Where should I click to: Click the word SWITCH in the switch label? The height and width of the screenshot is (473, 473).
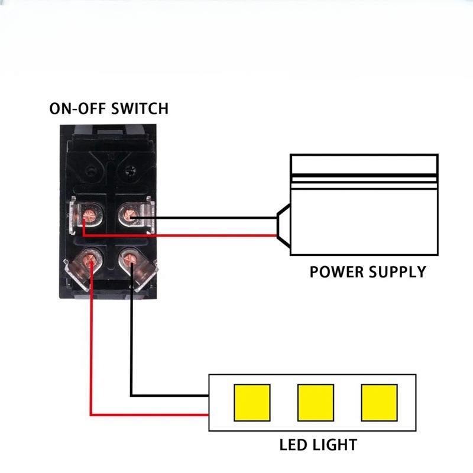point(140,109)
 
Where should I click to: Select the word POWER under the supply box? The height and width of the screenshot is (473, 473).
point(336,272)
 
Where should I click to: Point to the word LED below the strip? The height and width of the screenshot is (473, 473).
point(292,445)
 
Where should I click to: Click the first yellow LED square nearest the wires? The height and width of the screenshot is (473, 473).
point(252,403)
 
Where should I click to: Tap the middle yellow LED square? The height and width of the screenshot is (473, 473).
point(316,403)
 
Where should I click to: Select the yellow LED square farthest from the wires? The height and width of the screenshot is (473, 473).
point(379,403)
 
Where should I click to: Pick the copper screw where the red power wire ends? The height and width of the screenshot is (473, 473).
point(89,215)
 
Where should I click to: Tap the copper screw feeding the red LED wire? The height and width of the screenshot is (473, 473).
point(89,260)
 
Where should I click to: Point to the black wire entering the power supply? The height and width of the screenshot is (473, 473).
point(204,218)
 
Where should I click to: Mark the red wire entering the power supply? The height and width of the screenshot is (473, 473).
point(180,235)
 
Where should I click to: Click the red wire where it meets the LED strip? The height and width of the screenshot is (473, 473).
point(208,415)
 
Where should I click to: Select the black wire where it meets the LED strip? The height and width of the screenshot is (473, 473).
point(208,396)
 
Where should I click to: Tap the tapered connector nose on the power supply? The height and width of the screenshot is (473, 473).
point(284,226)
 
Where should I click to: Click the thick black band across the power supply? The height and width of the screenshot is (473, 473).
point(364,176)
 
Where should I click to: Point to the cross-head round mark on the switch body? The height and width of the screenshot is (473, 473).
point(130,171)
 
